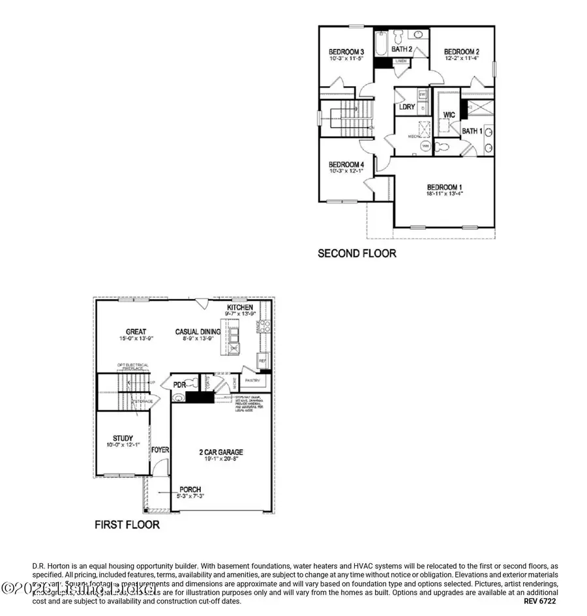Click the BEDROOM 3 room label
(346, 51)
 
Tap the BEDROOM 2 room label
(462, 51)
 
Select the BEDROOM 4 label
(346, 164)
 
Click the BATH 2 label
(402, 49)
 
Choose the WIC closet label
(449, 115)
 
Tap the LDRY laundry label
(408, 107)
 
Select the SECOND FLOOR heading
(356, 253)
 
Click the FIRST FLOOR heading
(127, 523)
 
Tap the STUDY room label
(123, 438)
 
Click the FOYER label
(160, 450)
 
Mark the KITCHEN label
(240, 306)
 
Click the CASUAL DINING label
(198, 332)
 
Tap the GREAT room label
(136, 332)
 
